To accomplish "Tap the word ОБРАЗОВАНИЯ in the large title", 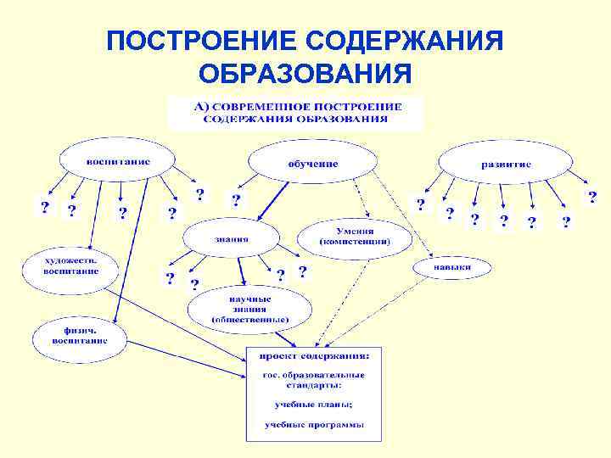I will [306, 73].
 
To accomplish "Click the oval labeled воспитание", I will [117, 160].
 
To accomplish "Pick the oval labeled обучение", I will [312, 163].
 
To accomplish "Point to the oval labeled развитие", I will [506, 164].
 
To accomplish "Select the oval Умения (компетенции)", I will [355, 237].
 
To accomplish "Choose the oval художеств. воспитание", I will [71, 266].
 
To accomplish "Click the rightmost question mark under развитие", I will [592, 197].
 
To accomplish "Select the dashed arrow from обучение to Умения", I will [362, 199].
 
